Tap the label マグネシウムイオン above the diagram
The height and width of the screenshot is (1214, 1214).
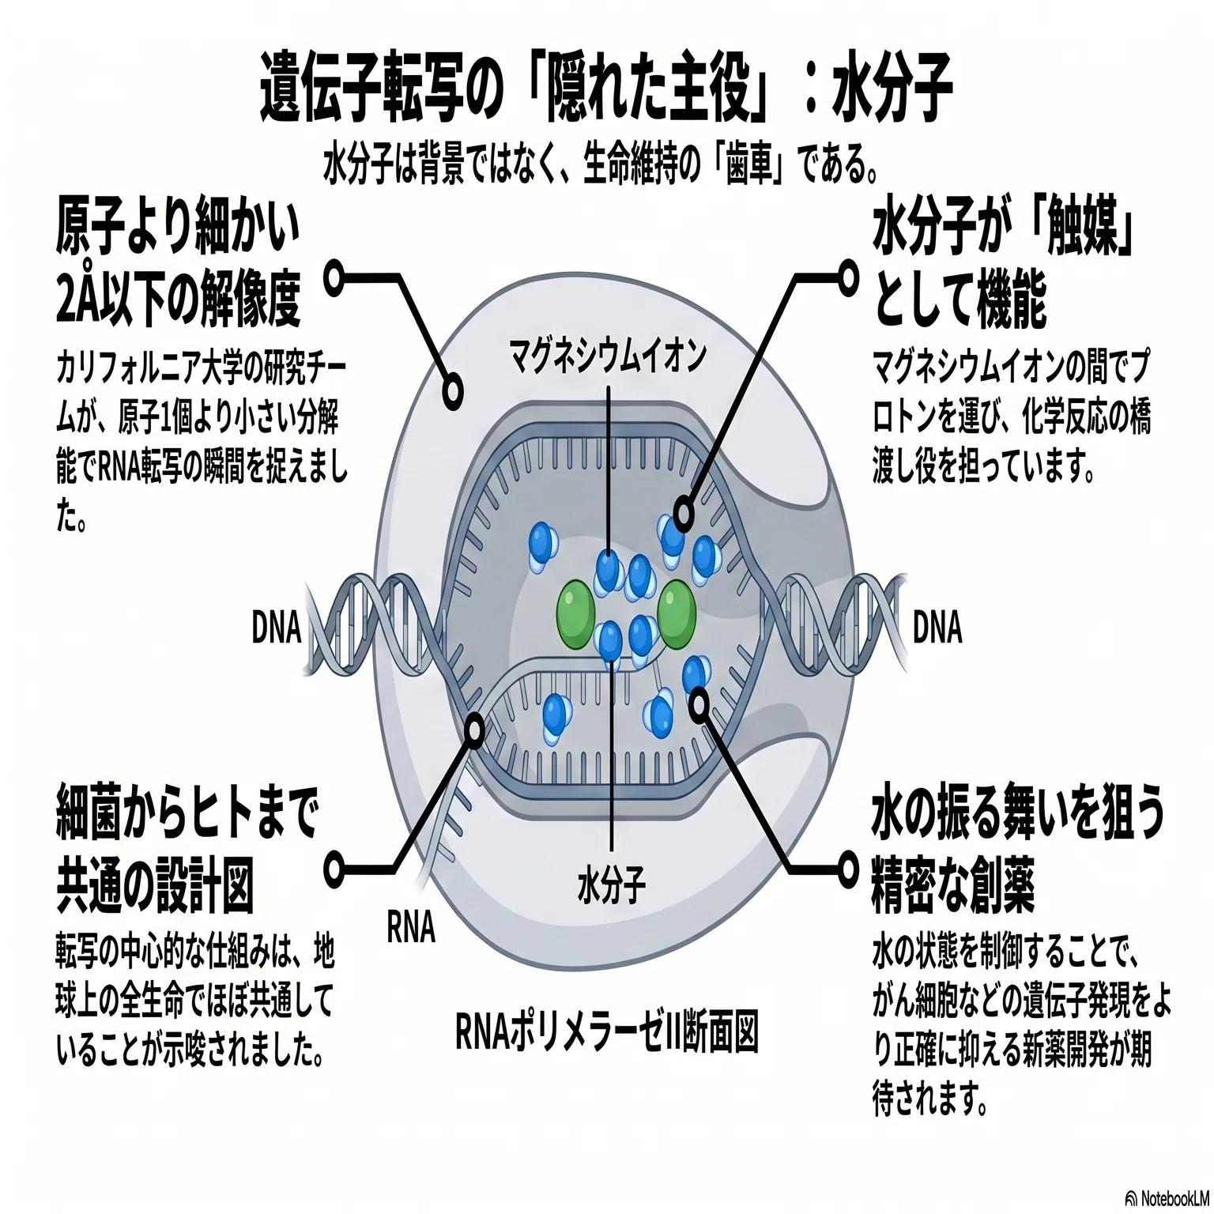coord(607,357)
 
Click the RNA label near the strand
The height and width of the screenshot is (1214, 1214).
coord(411,926)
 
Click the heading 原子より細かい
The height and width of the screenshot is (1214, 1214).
coord(179,227)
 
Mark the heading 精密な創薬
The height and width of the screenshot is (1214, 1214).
coord(953,885)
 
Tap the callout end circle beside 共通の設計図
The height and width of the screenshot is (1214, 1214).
coord(335,868)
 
